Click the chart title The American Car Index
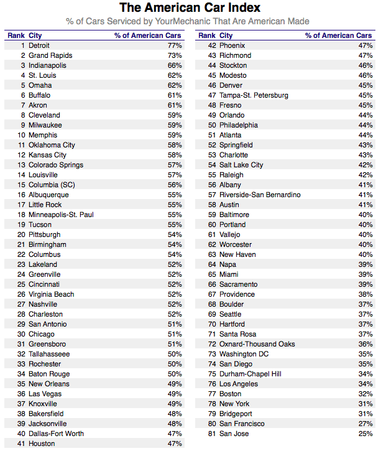point(190,8)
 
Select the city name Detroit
point(39,45)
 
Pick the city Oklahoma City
point(52,145)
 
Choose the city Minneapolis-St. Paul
point(61,215)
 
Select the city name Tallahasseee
point(49,354)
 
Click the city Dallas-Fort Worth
point(56,434)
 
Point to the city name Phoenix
point(232,45)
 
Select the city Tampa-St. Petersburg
point(254,95)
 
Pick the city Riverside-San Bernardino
point(260,195)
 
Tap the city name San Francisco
point(242,424)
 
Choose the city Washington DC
point(244,354)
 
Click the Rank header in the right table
point(206,35)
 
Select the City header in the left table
point(35,35)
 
